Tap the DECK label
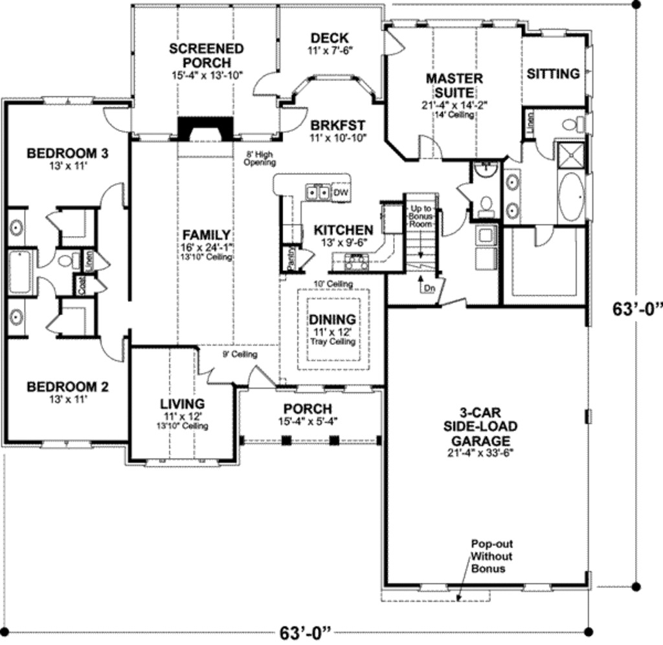click(x=329, y=38)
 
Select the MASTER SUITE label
click(x=454, y=85)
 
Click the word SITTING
click(x=553, y=74)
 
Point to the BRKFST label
click(x=337, y=125)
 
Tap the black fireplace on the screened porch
click(x=205, y=128)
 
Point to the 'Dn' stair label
click(x=429, y=289)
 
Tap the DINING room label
click(x=331, y=319)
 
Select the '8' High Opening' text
click(x=260, y=159)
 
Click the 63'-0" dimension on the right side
click(x=638, y=309)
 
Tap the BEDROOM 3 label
click(x=67, y=153)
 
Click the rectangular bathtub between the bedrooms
click(x=20, y=272)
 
